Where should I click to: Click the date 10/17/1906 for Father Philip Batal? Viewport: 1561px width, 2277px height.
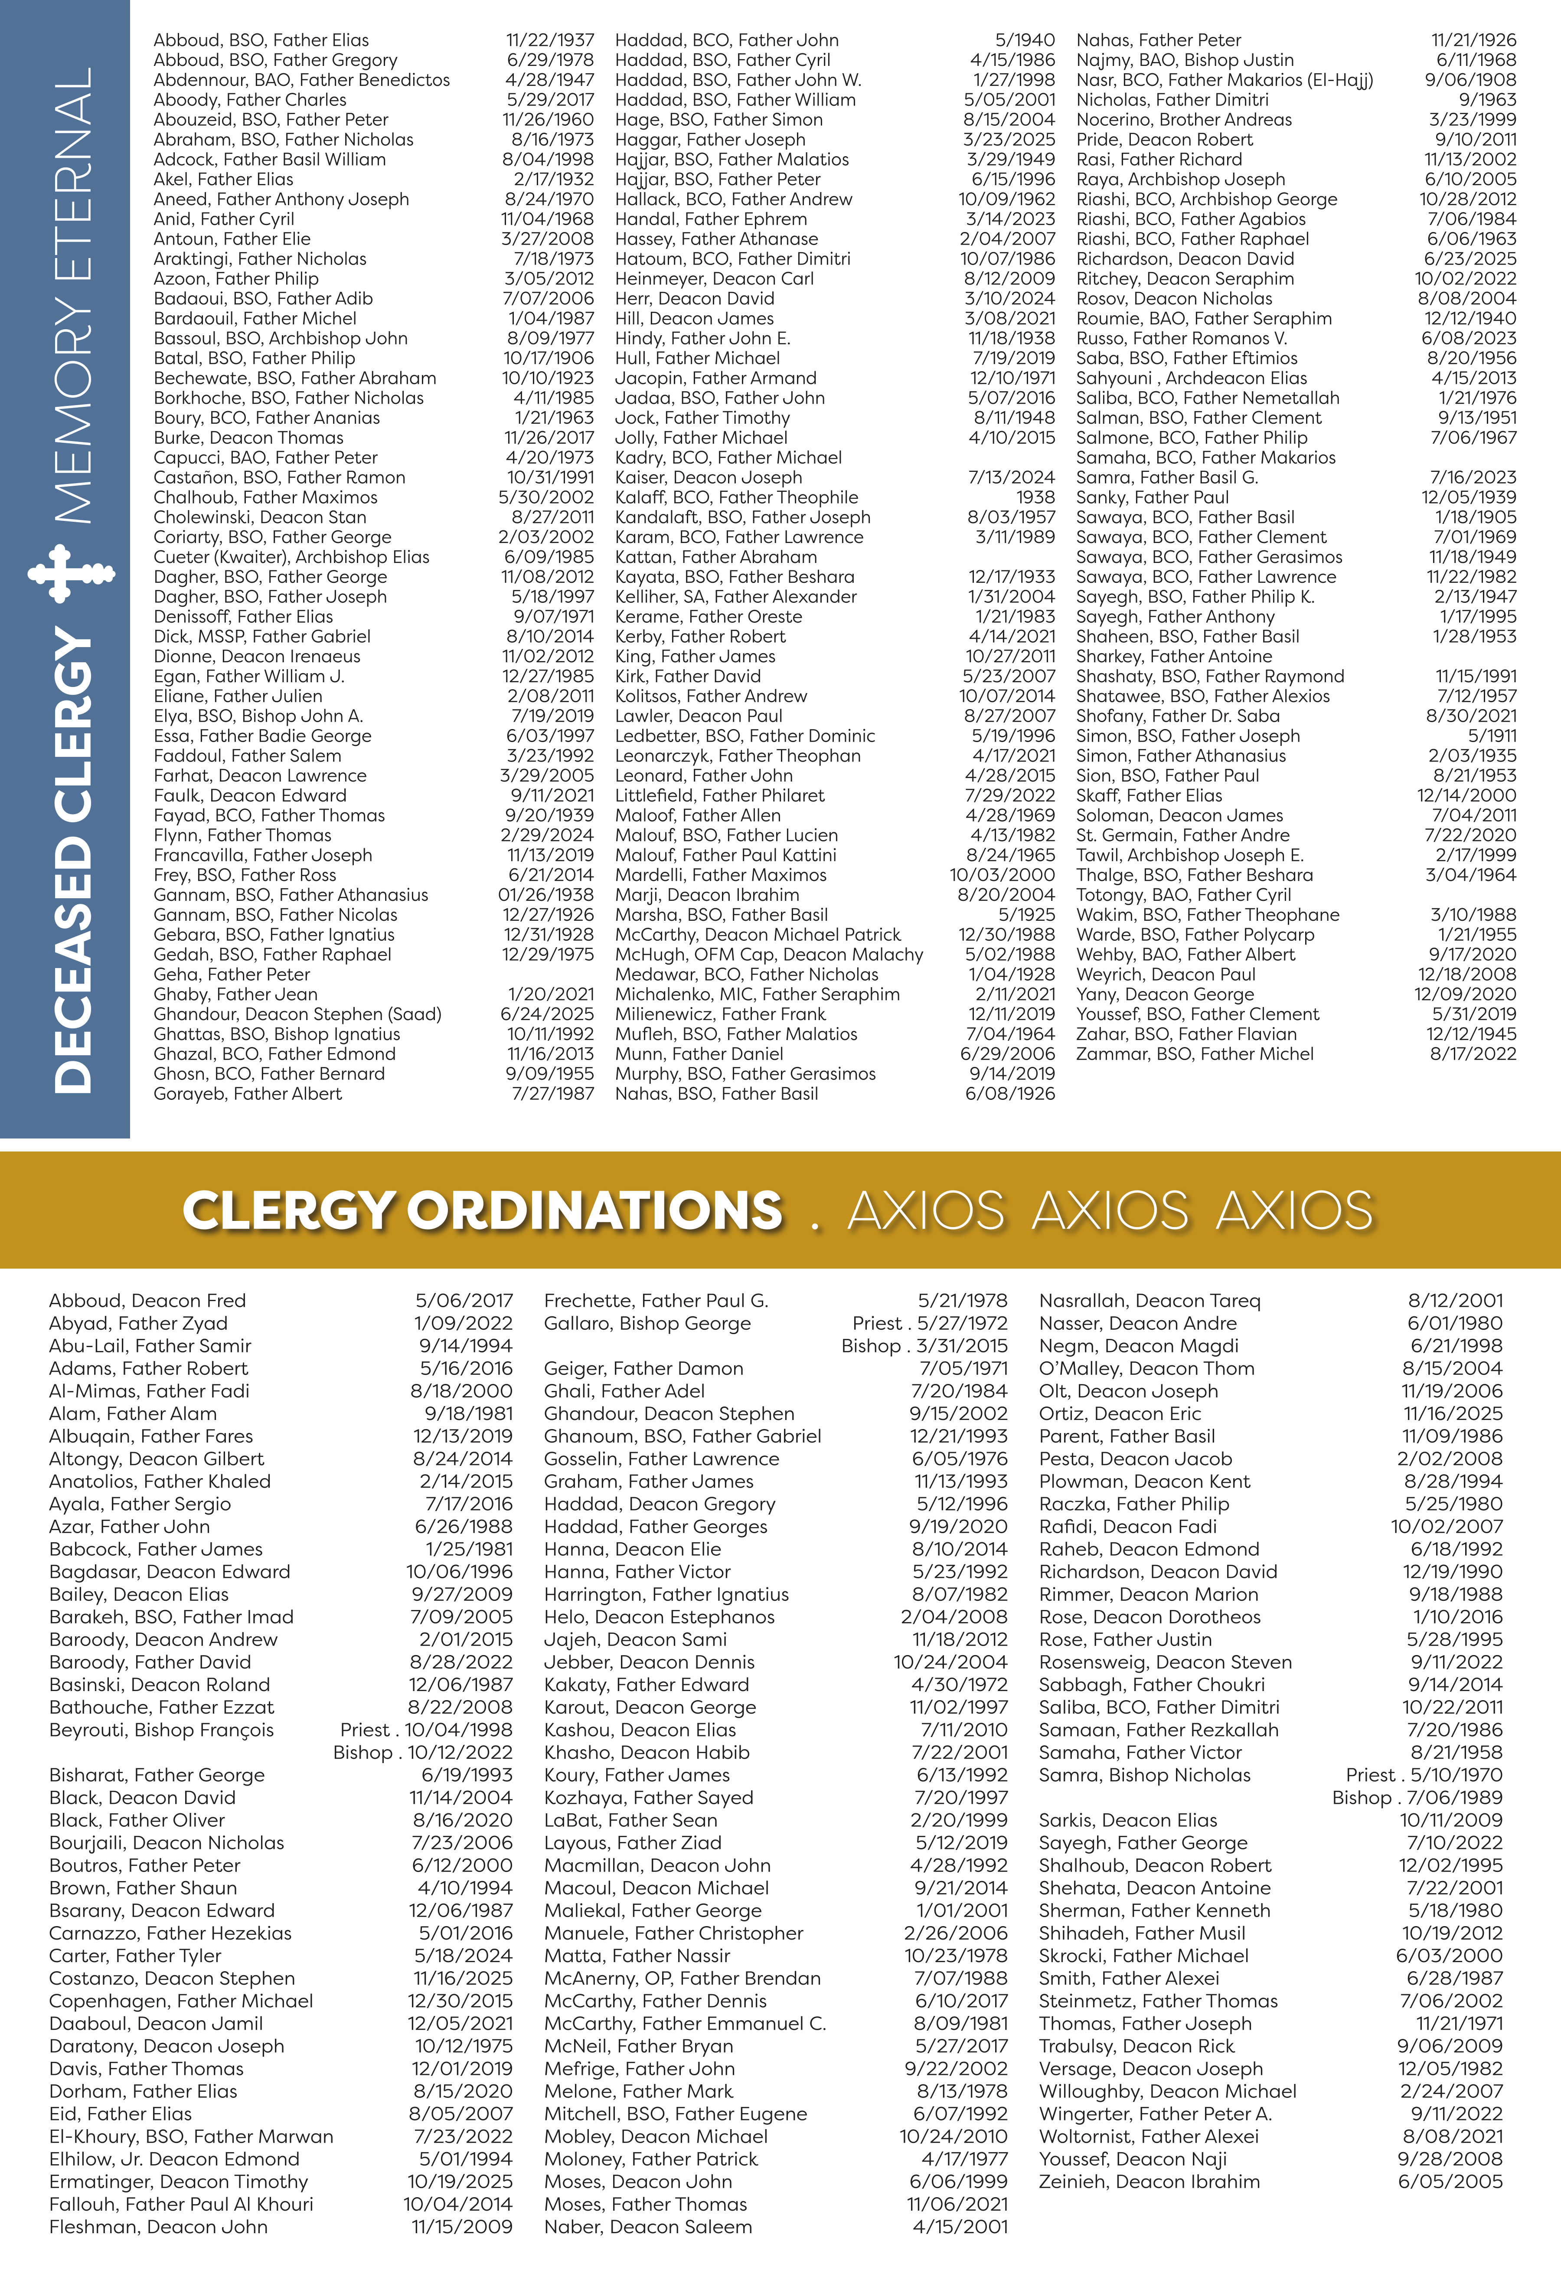[x=549, y=359]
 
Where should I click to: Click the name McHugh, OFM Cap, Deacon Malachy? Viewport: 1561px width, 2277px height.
[x=769, y=954]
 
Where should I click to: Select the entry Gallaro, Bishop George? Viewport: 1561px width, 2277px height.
[x=647, y=1324]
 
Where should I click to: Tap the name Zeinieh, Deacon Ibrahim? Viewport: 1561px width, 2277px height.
[x=1150, y=2182]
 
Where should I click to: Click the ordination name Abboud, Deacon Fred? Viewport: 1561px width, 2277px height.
[x=147, y=1301]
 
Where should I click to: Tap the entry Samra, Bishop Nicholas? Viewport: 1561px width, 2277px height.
[x=1145, y=1775]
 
